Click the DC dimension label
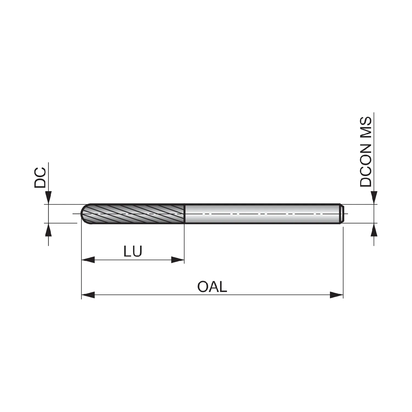pos(40,177)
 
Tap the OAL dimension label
pos(212,287)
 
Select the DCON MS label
pos(366,152)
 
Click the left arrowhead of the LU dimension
pos(88,260)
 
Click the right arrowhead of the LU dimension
pos(177,260)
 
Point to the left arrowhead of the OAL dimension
pos(88,295)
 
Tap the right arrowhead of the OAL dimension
pos(337,295)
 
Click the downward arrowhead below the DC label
pos(49,198)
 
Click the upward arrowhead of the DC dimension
pos(49,230)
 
